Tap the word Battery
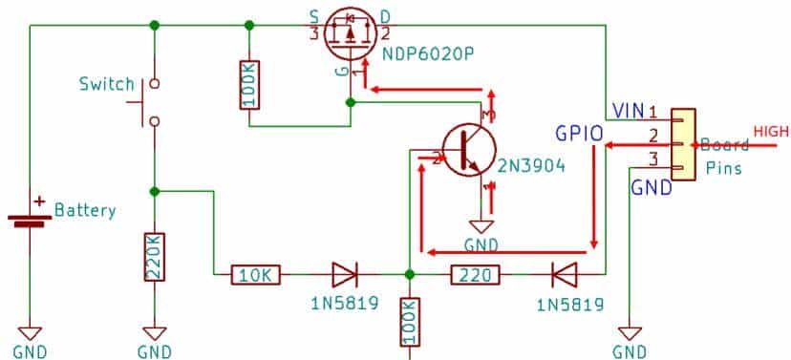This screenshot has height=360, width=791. pos(85,210)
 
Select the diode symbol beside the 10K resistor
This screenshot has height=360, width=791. pos(343,276)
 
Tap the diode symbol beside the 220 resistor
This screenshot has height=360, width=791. pos(564,276)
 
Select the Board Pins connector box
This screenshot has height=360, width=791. pos(681,144)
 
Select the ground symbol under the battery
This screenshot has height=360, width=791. pos(31,332)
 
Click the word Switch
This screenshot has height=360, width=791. pos(106,84)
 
